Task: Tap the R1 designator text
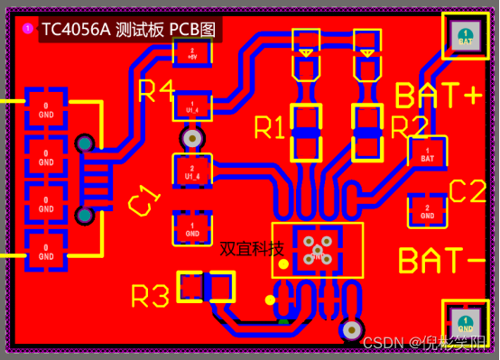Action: tap(269, 128)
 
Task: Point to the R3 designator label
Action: tap(150, 295)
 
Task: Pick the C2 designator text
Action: tap(468, 191)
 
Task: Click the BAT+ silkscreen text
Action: tap(439, 95)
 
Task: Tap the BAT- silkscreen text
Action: tap(441, 260)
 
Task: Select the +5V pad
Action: tap(192, 51)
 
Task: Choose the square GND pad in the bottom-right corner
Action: tap(466, 323)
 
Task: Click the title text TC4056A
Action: tap(76, 29)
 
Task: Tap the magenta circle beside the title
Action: tap(26, 29)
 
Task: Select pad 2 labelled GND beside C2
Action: tap(427, 212)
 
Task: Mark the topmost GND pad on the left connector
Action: tap(45, 110)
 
